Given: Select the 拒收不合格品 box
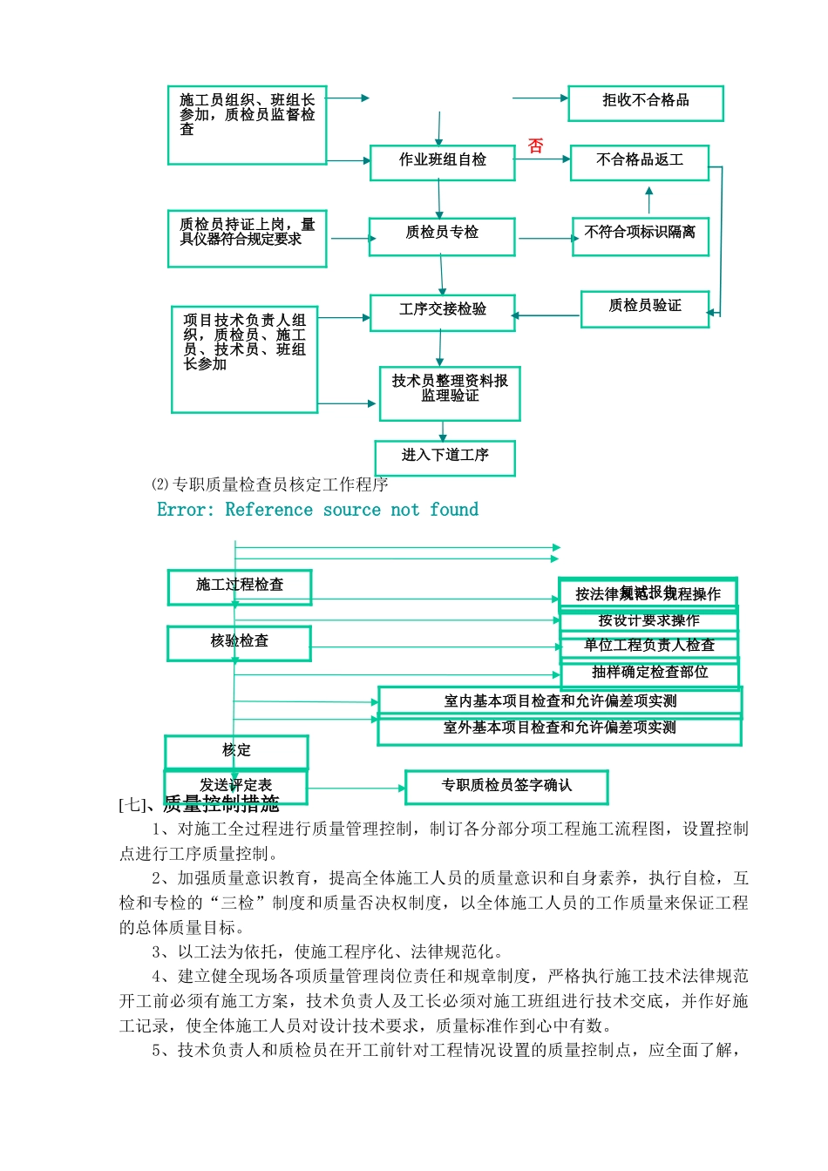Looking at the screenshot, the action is [x=645, y=103].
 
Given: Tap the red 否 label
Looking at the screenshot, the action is [x=535, y=146].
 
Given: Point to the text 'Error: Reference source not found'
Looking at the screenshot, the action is [x=317, y=510].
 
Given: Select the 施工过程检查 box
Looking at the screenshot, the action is [x=240, y=587].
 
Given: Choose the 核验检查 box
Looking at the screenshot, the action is [x=239, y=643].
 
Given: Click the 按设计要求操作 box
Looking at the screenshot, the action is [x=648, y=620].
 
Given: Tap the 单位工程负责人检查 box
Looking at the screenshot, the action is [x=648, y=646].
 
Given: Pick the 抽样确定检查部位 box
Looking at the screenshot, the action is [x=649, y=673].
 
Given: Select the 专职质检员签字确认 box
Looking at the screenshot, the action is [x=506, y=787].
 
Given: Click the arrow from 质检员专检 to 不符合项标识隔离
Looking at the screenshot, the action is [x=545, y=238].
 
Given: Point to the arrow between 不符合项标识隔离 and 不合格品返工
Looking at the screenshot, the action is [x=648, y=200].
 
